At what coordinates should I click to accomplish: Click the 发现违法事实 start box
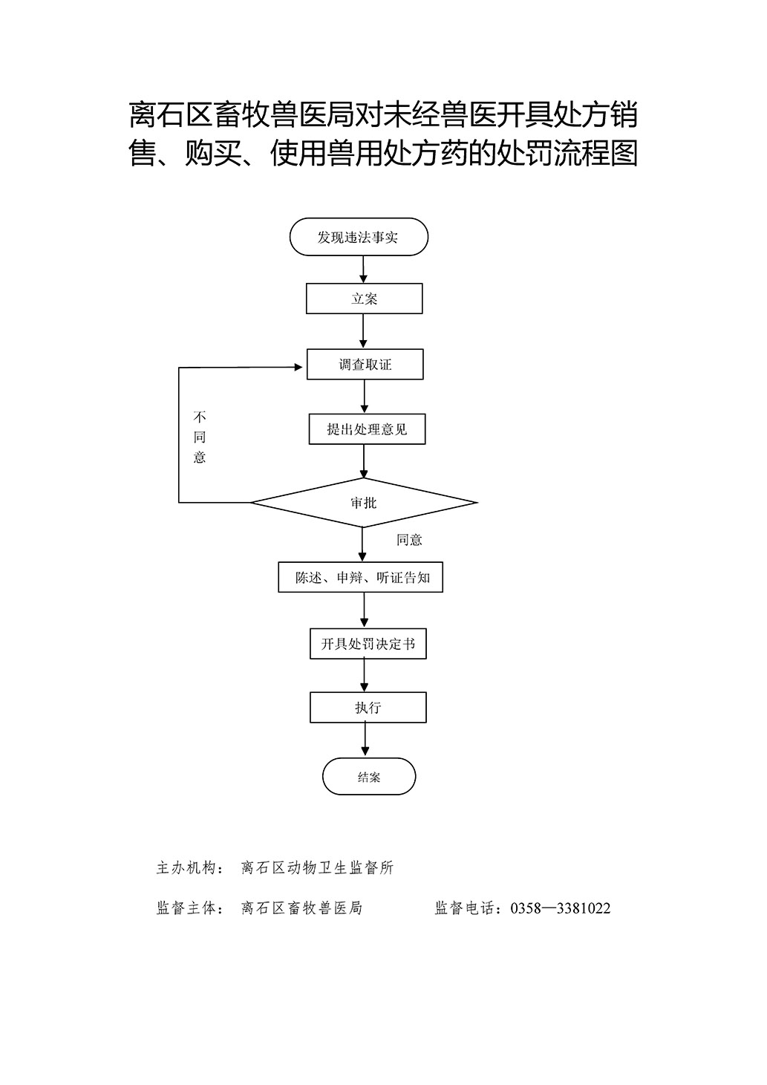point(359,237)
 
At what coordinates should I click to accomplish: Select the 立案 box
point(364,299)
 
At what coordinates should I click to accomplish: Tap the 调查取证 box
point(365,364)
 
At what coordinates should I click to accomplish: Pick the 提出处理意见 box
point(367,429)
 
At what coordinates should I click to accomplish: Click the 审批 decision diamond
point(364,503)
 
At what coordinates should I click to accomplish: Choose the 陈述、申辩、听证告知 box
point(360,577)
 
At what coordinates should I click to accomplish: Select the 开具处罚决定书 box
point(368,644)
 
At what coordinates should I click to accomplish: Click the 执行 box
point(368,708)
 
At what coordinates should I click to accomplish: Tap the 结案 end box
point(369,777)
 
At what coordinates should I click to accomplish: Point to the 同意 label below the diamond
point(409,540)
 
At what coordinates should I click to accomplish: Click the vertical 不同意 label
point(200,437)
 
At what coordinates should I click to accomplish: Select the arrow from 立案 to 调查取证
point(364,331)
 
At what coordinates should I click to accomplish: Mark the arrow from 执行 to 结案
point(365,740)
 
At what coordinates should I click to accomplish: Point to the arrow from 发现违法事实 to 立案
point(363,270)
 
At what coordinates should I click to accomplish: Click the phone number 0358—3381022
point(561,908)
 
